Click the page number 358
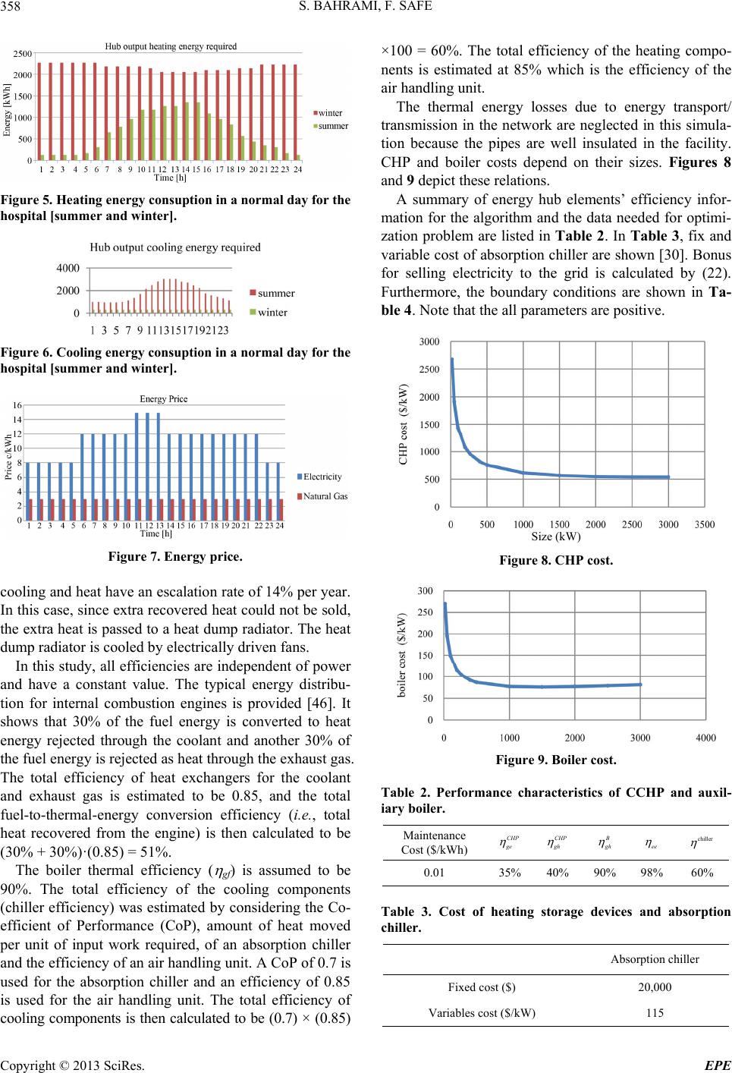point(10,6)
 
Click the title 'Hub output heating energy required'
point(171,46)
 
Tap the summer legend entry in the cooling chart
point(272,293)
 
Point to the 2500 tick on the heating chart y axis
point(23,54)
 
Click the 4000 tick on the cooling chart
point(68,269)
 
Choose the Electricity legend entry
point(319,477)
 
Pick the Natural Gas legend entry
point(322,496)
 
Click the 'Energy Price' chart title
point(164,399)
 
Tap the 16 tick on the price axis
point(17,405)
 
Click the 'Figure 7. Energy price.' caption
point(175,556)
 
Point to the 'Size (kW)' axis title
point(556,536)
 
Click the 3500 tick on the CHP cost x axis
point(705,524)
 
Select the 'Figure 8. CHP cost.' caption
point(556,560)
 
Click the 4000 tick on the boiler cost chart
point(705,738)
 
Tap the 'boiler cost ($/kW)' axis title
point(402,655)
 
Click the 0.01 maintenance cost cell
point(434,873)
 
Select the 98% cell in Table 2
point(652,873)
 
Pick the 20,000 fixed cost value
point(655,986)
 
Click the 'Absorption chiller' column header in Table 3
point(655,959)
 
